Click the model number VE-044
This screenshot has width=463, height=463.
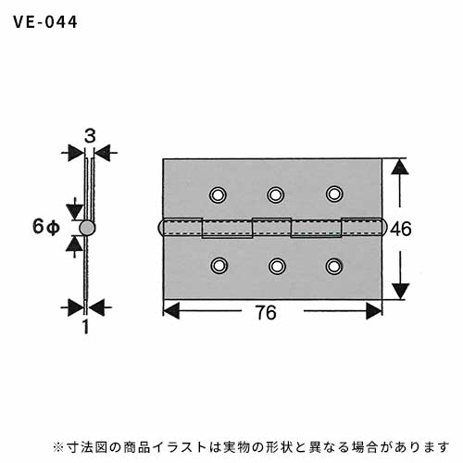45,22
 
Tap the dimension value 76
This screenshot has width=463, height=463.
266,313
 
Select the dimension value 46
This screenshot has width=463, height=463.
401,229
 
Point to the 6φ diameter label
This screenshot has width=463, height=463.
45,227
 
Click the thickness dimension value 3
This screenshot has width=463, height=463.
90,136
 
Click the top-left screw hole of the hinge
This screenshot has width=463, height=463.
218,195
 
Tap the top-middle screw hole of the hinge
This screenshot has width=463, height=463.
275,194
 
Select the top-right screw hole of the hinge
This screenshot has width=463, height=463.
334,194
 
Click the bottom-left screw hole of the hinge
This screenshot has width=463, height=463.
219,266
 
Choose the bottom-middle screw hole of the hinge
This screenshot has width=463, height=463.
277,266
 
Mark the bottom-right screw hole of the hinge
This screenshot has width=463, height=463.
334,266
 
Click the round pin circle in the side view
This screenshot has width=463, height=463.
87,228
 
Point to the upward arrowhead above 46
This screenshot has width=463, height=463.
400,167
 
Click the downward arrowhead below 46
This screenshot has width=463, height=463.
400,291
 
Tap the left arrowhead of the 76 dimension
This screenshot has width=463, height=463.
171,310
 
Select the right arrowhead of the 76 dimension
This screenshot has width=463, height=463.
374,311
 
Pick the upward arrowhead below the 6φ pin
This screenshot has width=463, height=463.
74,244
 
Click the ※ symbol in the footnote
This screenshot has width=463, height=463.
58,447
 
